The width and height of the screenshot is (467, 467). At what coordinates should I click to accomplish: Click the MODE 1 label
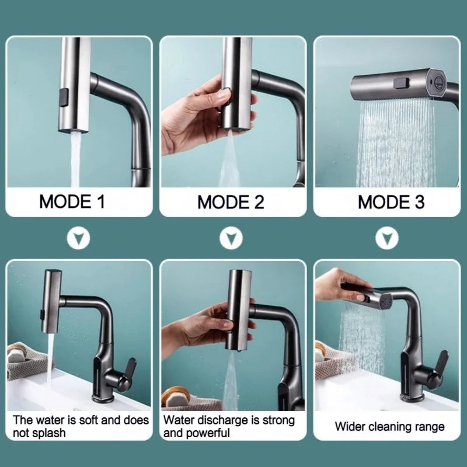pos(72,202)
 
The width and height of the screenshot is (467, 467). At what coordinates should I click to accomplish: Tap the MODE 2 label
pos(231,202)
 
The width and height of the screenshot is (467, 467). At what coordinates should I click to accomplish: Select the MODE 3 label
pos(391,202)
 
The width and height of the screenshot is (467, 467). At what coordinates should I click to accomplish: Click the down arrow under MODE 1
pos(79,238)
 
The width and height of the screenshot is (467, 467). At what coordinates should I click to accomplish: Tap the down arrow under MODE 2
pos(232,238)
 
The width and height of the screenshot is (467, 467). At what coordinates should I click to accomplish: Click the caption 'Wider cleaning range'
pos(389,426)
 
